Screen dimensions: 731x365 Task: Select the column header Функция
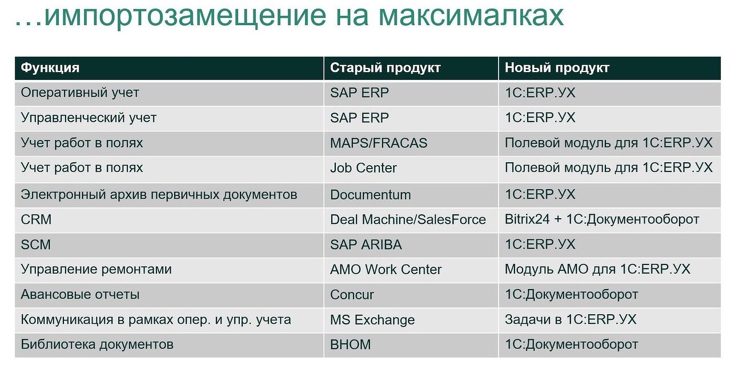pyautogui.click(x=50, y=68)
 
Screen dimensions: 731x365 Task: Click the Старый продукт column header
pyautogui.click(x=385, y=68)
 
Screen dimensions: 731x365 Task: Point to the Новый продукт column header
pyautogui.click(x=557, y=68)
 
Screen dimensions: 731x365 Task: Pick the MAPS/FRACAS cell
pyautogui.click(x=379, y=143)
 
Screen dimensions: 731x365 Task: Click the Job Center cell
pyautogui.click(x=363, y=168)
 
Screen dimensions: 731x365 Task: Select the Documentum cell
pyautogui.click(x=371, y=195)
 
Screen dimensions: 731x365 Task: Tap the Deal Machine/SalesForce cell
pyautogui.click(x=408, y=219)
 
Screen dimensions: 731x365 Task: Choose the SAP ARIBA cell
pyautogui.click(x=366, y=244)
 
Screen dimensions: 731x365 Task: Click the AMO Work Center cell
pyautogui.click(x=385, y=270)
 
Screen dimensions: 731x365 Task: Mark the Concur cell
pyautogui.click(x=352, y=295)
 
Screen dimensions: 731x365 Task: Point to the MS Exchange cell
pyautogui.click(x=372, y=320)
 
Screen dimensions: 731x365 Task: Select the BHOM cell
pyautogui.click(x=350, y=344)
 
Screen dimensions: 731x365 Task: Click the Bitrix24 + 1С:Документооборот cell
pyautogui.click(x=602, y=219)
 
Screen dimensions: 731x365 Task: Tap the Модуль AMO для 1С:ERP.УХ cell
pyautogui.click(x=597, y=269)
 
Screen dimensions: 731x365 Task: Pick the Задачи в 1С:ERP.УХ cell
pyautogui.click(x=571, y=319)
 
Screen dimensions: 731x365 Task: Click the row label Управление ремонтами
pyautogui.click(x=97, y=270)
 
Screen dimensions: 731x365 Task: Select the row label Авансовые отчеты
pyautogui.click(x=80, y=295)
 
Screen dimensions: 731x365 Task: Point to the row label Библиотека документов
pyautogui.click(x=97, y=344)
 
